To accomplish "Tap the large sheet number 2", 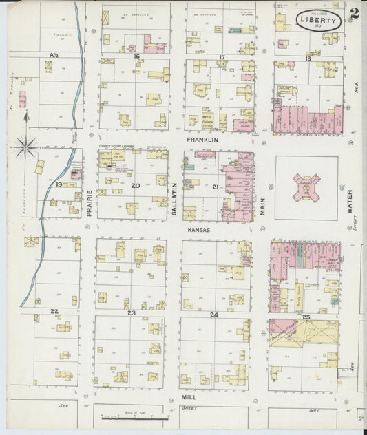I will click(x=353, y=13).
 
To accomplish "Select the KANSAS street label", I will click(x=200, y=231).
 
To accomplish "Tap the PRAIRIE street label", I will click(x=90, y=204).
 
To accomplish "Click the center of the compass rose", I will click(x=26, y=145).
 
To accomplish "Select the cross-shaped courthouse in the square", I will click(x=306, y=187).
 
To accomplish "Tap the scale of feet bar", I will click(x=134, y=417).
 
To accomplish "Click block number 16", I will click(x=137, y=57).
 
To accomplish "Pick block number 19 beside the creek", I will click(x=59, y=184).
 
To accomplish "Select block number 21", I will click(x=216, y=187).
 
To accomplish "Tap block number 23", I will click(x=130, y=313).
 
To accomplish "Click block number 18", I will click(x=308, y=59).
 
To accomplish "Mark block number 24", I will click(x=214, y=315).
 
